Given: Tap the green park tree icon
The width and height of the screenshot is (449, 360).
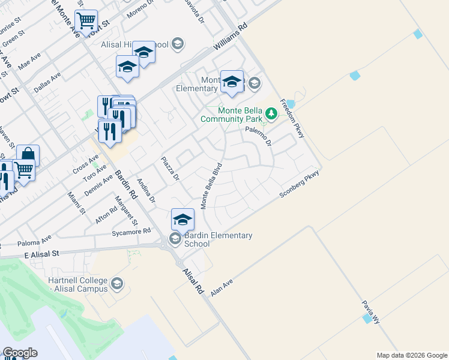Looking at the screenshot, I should point(271,113).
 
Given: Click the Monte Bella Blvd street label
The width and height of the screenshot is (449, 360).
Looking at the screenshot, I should point(211,185).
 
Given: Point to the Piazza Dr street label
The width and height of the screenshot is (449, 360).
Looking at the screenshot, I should point(170,169).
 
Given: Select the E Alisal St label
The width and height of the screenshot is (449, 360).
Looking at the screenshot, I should point(43,254).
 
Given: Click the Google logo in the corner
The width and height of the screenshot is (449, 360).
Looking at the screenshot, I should point(20,353).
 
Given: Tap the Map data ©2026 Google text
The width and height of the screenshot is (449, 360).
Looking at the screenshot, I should point(411,355).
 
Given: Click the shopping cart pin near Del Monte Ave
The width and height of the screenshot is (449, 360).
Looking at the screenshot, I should point(86,21).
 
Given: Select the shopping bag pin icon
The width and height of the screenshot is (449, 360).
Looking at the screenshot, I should point(28,155).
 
